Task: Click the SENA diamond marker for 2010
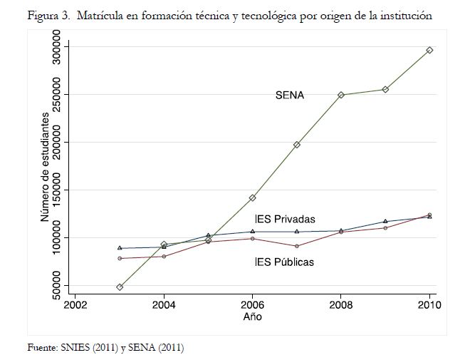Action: click(429, 50)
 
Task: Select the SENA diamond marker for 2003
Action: click(120, 287)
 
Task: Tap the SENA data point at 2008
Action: click(341, 95)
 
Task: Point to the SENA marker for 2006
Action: click(252, 197)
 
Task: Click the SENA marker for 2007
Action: click(297, 145)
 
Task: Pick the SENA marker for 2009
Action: click(385, 89)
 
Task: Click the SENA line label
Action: click(290, 95)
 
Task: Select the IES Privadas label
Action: click(285, 219)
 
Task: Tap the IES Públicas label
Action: click(284, 262)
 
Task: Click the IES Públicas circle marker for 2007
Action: click(297, 246)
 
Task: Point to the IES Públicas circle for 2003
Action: click(120, 258)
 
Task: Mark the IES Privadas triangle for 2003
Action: click(120, 248)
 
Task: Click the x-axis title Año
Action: click(252, 316)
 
